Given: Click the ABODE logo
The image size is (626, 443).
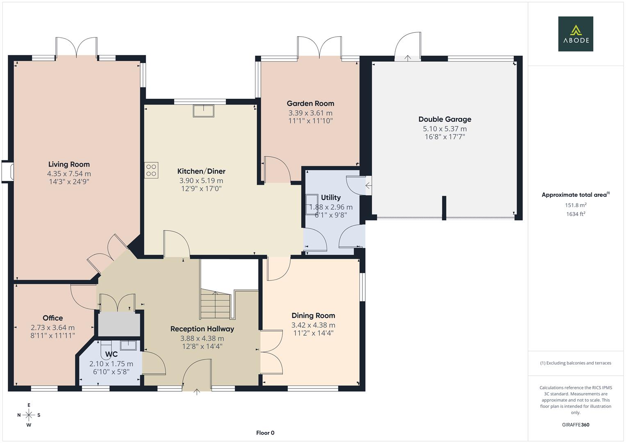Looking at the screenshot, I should (575, 34).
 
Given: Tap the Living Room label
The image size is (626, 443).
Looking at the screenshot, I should (69, 164).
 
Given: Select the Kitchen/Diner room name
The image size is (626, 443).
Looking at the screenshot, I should (201, 171).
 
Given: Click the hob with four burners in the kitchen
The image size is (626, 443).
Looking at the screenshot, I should (151, 170).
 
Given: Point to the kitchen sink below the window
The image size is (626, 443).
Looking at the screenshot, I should (203, 111).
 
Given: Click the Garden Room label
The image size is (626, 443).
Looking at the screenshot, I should (310, 104).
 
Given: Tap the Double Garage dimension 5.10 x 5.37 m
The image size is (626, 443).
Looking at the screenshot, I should (445, 129).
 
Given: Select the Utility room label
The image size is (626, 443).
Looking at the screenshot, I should (331, 198).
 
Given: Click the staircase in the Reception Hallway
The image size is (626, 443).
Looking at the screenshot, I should (215, 304).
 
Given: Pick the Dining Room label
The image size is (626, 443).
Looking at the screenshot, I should (313, 316).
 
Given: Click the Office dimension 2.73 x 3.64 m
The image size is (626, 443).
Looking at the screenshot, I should (52, 328).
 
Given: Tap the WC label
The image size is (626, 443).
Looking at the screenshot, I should (111, 354).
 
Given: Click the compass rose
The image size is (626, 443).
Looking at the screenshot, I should (29, 415).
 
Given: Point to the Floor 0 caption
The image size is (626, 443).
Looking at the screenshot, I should (265, 433).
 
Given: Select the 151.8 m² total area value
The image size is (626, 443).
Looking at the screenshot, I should (576, 205).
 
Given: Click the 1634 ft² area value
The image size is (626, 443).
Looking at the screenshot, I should (576, 214).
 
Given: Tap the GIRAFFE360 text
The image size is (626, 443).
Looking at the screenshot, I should (576, 425).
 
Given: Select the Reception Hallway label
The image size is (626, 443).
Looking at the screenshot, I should (202, 329).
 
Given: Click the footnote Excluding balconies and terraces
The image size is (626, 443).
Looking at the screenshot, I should (576, 363).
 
